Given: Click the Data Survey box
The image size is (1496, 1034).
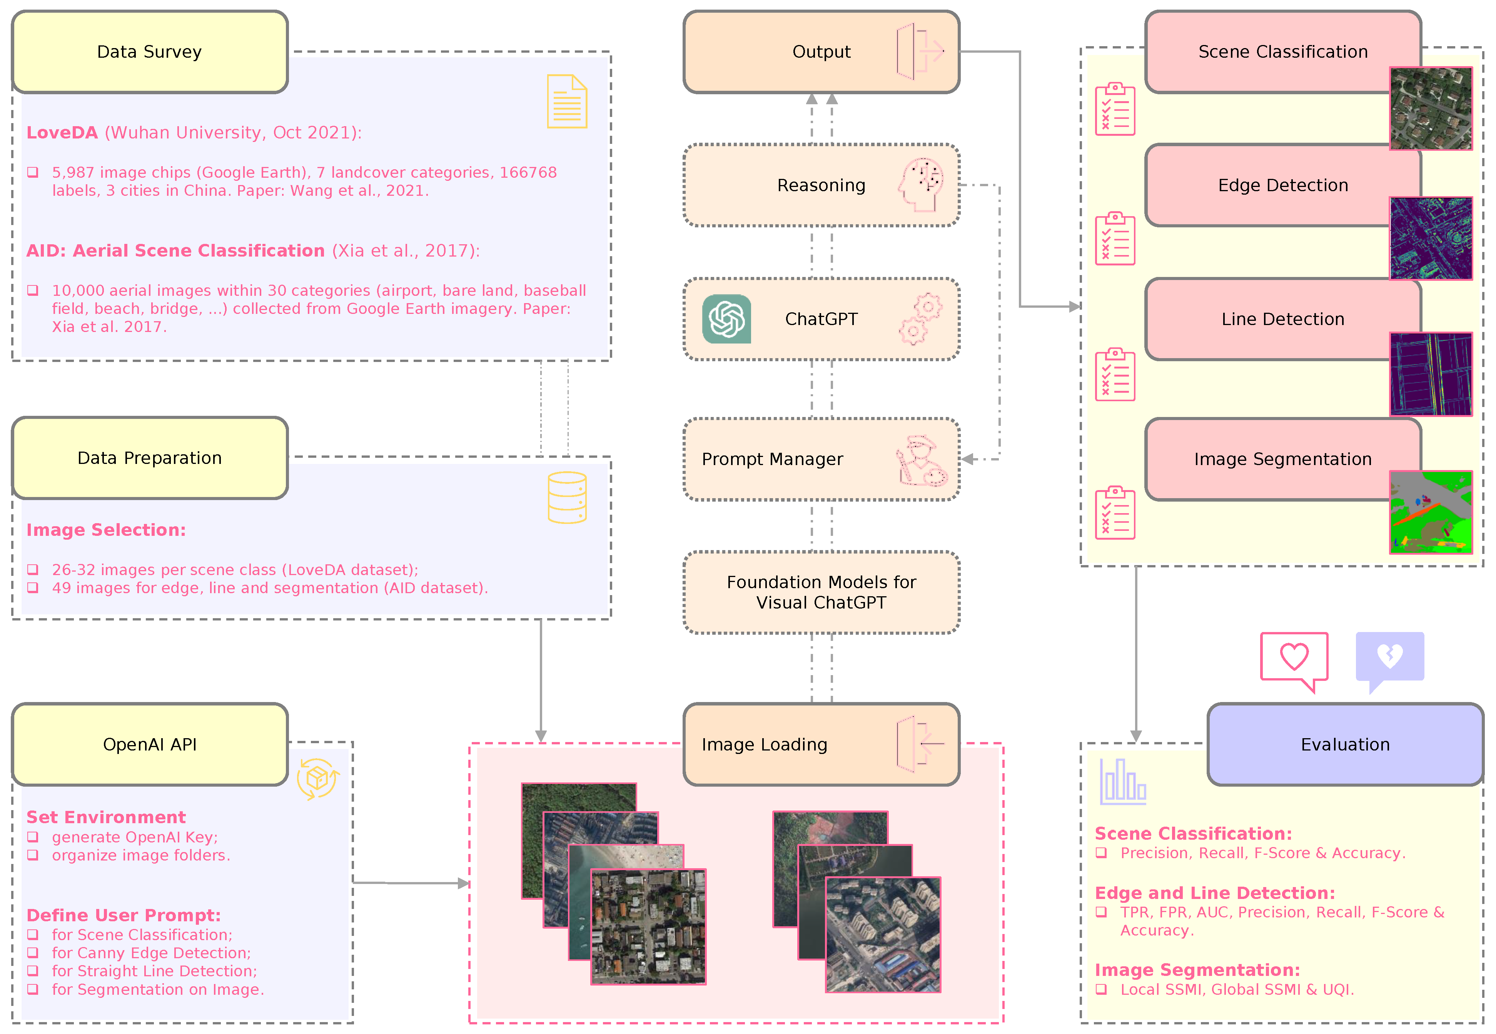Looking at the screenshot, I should (150, 52).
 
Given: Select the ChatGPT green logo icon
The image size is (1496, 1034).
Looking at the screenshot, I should (726, 319).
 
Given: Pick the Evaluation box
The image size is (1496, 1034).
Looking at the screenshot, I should (1345, 744).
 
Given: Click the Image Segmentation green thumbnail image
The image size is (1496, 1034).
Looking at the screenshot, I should (1431, 512).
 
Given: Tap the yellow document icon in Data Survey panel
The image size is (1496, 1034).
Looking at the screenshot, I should (567, 102).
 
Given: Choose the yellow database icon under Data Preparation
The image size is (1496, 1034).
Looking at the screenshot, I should (567, 497).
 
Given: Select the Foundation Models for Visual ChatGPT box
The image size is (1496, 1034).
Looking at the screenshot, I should (821, 592).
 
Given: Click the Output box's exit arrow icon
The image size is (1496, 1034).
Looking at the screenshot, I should (920, 52).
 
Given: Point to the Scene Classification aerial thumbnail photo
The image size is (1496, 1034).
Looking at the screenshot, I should (1431, 108).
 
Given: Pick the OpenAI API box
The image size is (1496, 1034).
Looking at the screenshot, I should (150, 744).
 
